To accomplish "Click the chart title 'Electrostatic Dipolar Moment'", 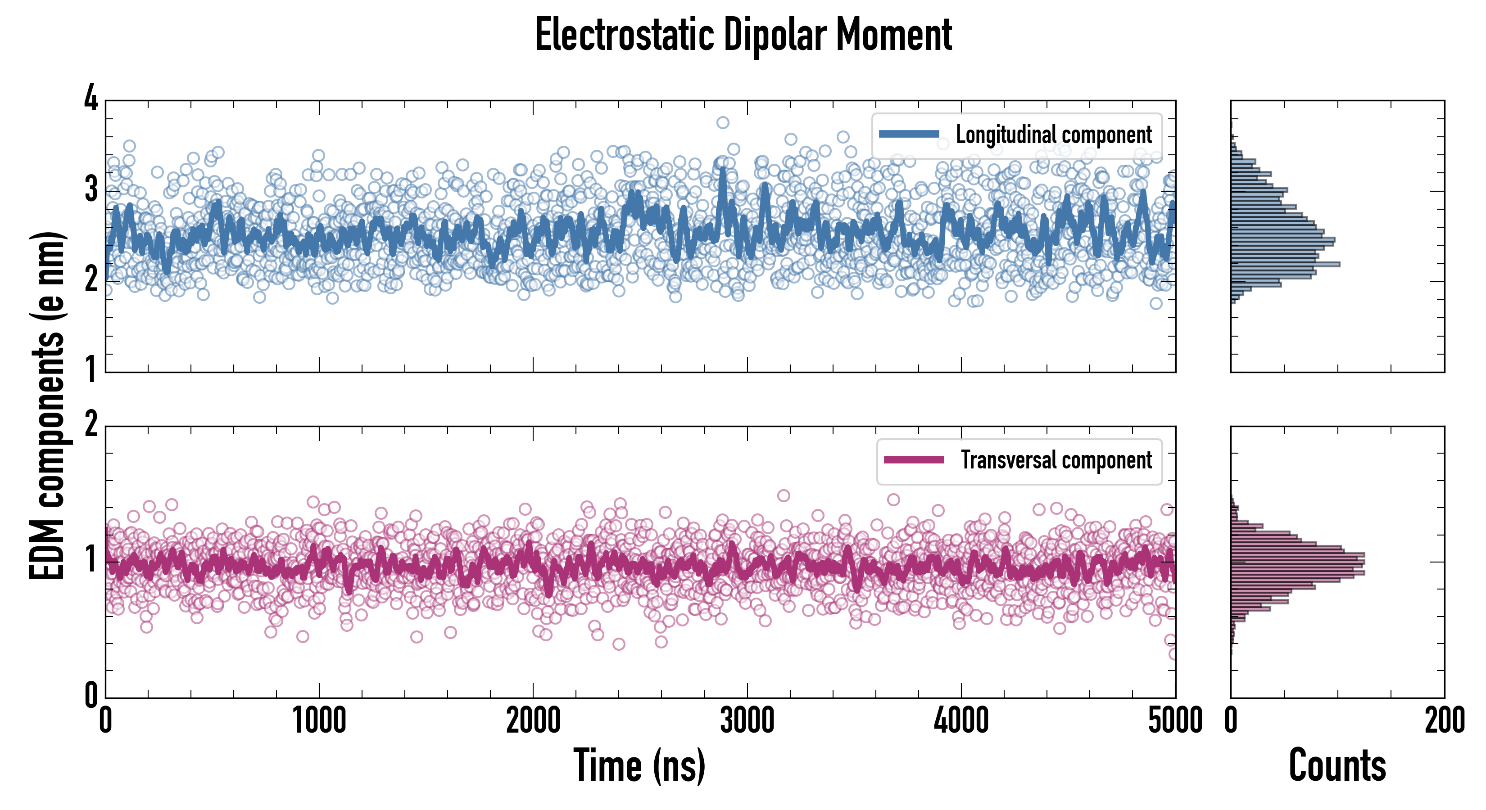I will tap(743, 36).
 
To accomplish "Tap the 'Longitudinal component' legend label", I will tap(1053, 135).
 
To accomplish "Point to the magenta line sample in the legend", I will tap(914, 460).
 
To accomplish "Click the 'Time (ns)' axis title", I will tap(639, 765).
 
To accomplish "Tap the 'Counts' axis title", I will tap(1337, 765).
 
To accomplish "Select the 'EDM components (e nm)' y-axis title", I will tap(47, 406).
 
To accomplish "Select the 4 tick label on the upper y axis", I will tap(91, 99).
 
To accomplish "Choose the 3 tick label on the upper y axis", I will tap(91, 189).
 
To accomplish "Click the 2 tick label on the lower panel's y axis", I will tap(91, 425).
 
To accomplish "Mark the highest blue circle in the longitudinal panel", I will tap(723, 122).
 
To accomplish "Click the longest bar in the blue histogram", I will tap(1285, 264).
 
